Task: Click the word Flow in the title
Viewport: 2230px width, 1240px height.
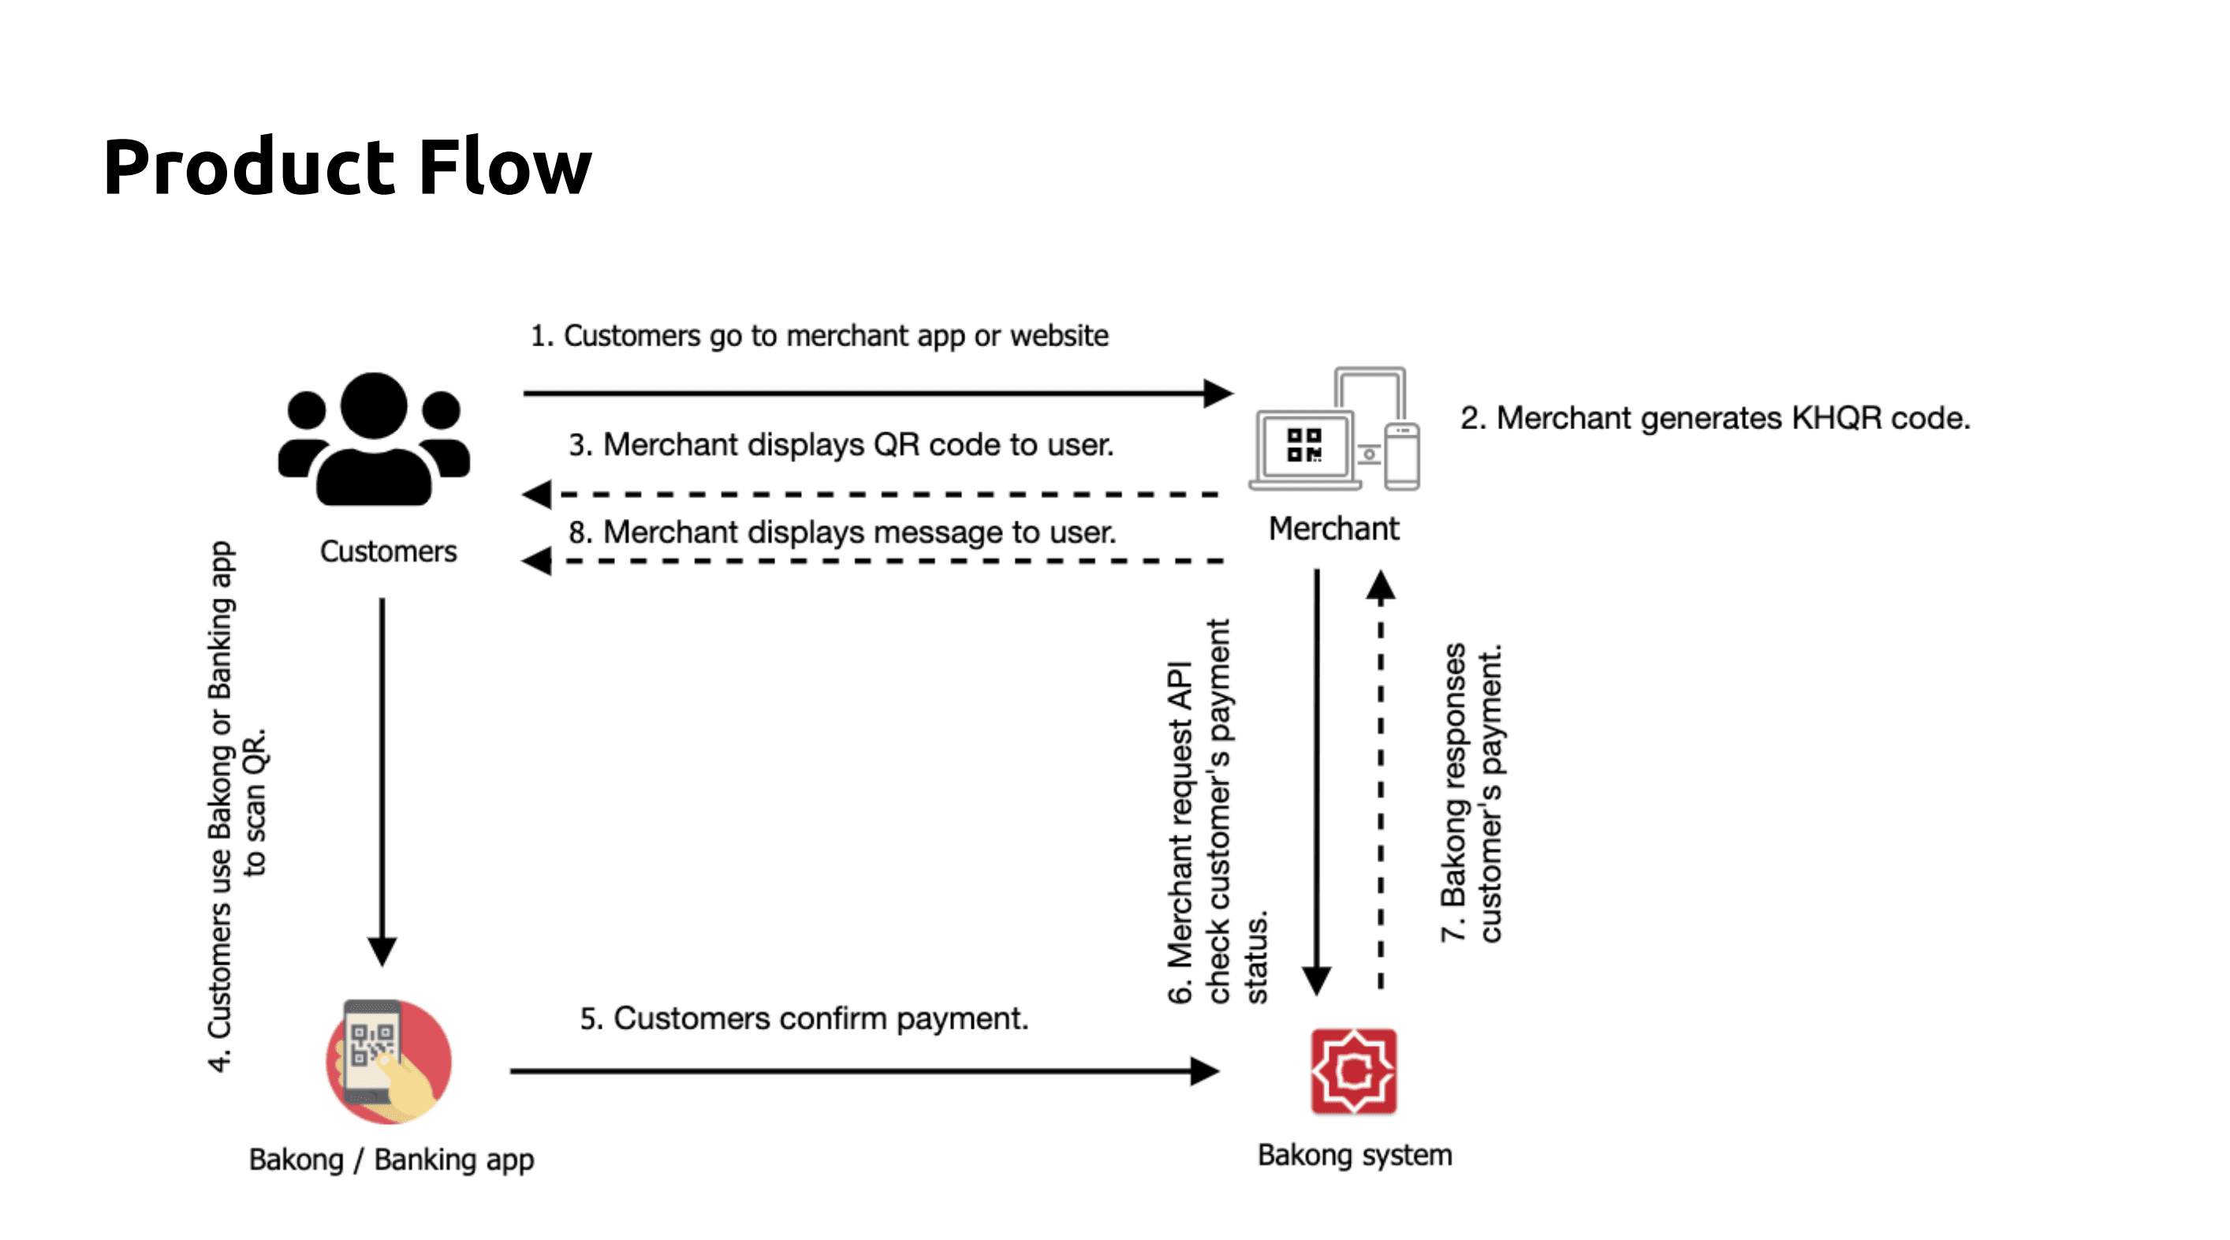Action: (505, 166)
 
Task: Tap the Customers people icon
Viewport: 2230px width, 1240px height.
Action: (374, 439)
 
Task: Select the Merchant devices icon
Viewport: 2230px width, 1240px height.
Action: (1334, 431)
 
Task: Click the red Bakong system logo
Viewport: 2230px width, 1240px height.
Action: (1353, 1071)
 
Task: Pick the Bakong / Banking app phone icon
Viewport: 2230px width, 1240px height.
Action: (389, 1062)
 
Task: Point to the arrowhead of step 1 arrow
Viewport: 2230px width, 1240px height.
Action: (1219, 393)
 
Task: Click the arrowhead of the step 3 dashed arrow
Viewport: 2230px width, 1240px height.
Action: (538, 495)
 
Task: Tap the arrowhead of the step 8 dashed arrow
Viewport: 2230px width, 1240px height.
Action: (538, 561)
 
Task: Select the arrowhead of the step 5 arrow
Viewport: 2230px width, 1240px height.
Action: (1205, 1071)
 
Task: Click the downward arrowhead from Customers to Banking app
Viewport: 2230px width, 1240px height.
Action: (382, 951)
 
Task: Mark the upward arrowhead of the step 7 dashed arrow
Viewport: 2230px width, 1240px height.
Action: (1381, 586)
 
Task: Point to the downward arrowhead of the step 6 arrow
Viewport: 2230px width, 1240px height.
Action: (1317, 981)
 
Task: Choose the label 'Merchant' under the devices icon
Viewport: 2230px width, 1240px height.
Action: (1333, 528)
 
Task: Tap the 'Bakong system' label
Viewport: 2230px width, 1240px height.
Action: (1355, 1155)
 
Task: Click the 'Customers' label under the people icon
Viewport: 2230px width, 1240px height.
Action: (388, 551)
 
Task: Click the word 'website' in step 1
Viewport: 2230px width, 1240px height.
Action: (1060, 336)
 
